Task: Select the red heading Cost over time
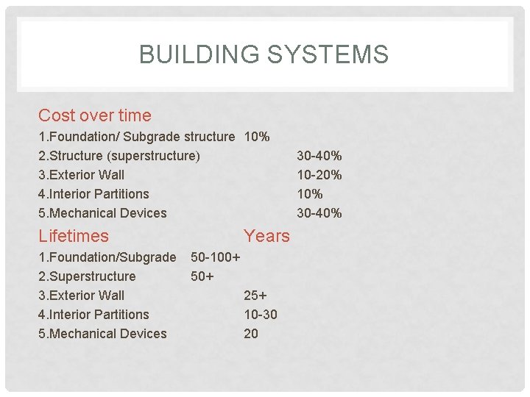click(94, 115)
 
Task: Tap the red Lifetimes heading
click(73, 236)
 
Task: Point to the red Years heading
click(266, 236)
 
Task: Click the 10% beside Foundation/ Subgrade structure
click(256, 137)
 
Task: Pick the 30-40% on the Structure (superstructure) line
click(319, 156)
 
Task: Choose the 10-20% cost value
click(319, 175)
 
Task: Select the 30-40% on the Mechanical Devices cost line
click(319, 213)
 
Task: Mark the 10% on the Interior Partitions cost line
click(309, 194)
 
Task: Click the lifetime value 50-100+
click(216, 257)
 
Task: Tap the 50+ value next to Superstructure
click(202, 276)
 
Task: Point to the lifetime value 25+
click(255, 296)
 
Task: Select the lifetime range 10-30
click(261, 315)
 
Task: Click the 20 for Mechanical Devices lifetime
click(251, 334)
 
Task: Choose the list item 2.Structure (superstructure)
click(119, 156)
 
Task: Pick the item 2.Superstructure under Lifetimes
click(87, 276)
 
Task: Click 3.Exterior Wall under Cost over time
click(81, 175)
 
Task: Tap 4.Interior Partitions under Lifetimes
click(93, 315)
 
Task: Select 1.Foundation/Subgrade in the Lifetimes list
click(107, 257)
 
